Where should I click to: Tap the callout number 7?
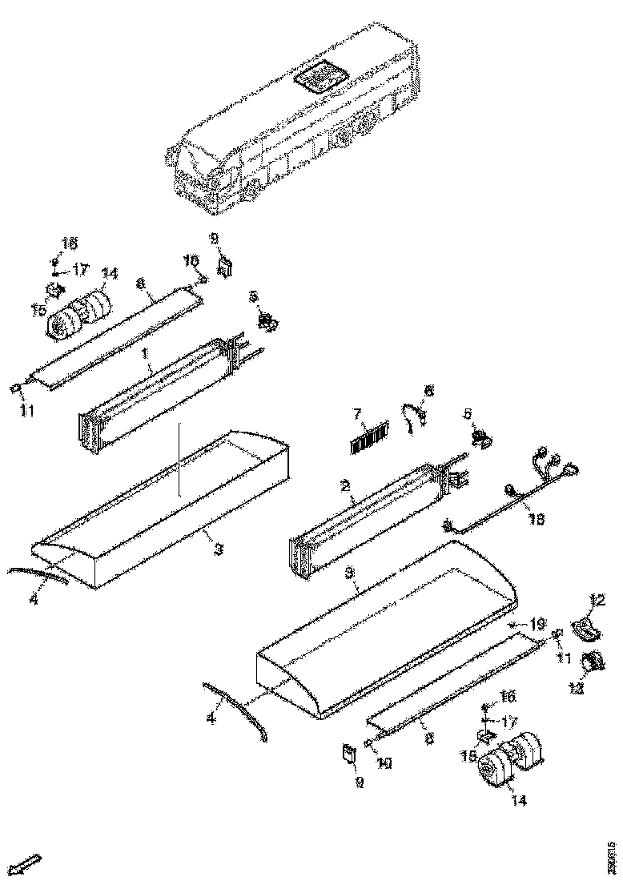click(359, 414)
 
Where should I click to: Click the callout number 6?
click(428, 391)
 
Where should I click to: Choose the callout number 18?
click(537, 518)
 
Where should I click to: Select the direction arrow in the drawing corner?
click(28, 865)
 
